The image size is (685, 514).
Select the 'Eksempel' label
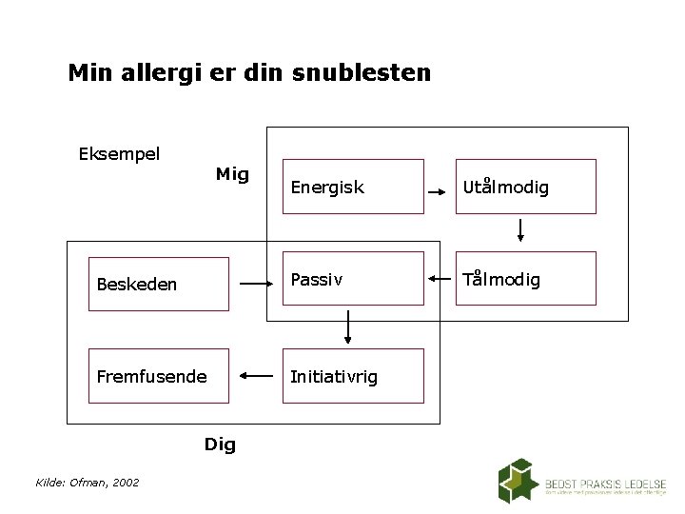point(119,153)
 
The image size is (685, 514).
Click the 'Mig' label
point(232,174)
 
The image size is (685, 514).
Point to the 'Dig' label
point(220,445)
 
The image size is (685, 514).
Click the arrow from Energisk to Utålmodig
point(441,192)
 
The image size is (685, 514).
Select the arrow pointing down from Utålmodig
point(521,229)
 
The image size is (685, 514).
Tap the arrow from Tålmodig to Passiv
point(441,279)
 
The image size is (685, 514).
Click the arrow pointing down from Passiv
point(347,327)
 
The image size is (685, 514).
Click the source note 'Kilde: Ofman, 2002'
point(88,483)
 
